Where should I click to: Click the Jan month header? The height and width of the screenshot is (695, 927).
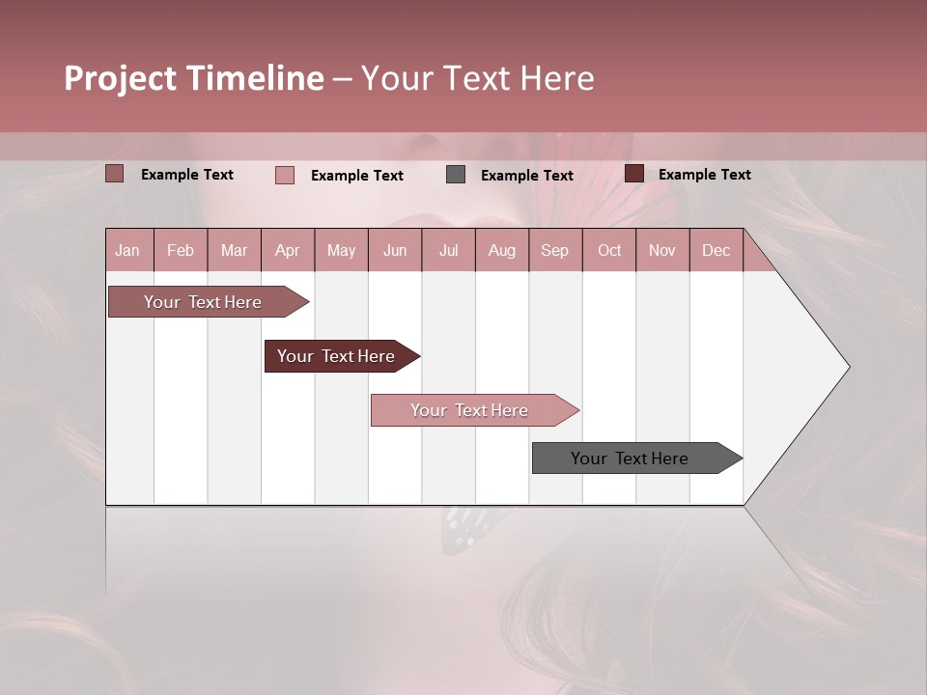[127, 250]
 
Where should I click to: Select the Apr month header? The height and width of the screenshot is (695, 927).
[287, 250]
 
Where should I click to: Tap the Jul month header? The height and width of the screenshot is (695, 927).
[448, 250]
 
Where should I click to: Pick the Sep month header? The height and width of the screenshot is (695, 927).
[554, 250]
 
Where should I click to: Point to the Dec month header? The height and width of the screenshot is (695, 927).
[716, 250]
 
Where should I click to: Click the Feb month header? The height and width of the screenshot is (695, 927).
[181, 250]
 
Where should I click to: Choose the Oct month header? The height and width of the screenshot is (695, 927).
[609, 250]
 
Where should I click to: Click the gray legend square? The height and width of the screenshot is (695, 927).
[456, 175]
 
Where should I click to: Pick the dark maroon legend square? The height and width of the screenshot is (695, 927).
[633, 174]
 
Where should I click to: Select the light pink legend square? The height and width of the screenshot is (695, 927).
[285, 175]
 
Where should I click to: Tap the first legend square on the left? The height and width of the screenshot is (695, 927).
[115, 174]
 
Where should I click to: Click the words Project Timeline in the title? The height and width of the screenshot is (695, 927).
[193, 78]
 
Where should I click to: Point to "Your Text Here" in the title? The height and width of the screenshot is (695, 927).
[477, 78]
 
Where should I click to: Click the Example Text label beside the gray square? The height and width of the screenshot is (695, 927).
[526, 176]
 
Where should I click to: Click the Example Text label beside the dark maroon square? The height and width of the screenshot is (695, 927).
[704, 175]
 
